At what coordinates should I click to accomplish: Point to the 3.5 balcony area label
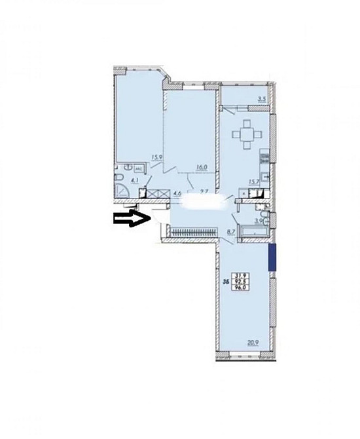pos(262,100)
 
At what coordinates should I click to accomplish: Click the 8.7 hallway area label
pos(230,231)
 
